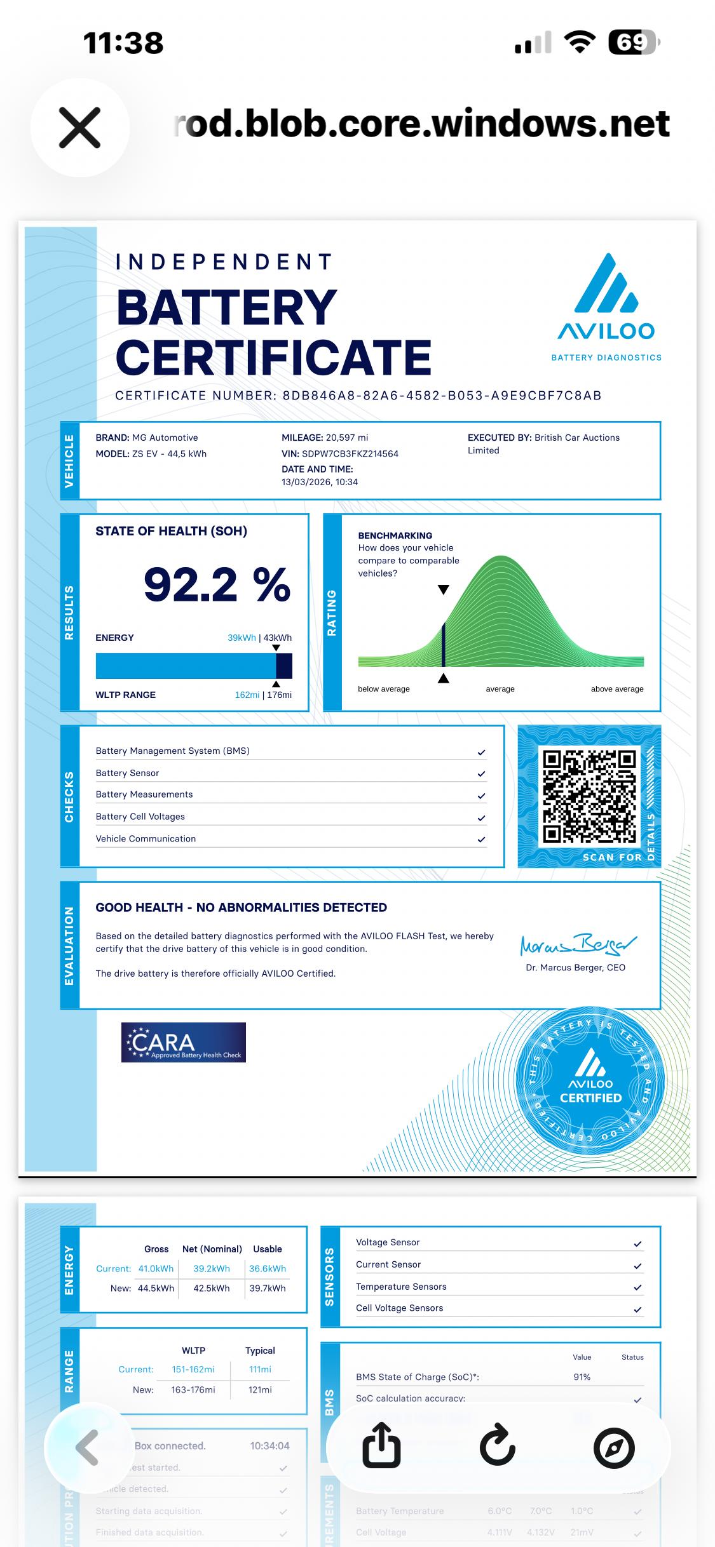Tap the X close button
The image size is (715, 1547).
click(79, 128)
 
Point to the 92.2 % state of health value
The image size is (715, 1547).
click(217, 585)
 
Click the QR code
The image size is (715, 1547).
click(589, 796)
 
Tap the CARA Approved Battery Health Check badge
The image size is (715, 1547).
click(183, 1042)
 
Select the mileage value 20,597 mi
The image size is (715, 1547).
click(346, 438)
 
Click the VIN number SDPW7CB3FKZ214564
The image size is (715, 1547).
click(350, 453)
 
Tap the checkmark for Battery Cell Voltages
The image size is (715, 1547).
click(481, 818)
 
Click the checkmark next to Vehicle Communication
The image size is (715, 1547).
click(481, 840)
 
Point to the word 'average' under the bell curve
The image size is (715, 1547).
click(500, 689)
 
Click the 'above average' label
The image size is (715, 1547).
click(616, 689)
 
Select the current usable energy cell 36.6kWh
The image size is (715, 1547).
click(267, 1268)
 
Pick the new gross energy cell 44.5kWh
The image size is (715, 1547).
click(156, 1288)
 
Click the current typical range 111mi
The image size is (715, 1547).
click(260, 1369)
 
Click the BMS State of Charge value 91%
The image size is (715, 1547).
click(582, 1377)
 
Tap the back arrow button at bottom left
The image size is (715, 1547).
click(87, 1447)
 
